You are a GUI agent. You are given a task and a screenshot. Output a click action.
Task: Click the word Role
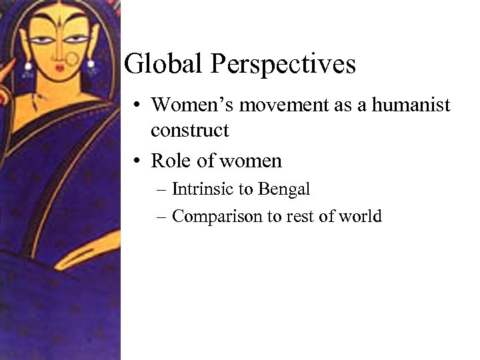tap(169, 161)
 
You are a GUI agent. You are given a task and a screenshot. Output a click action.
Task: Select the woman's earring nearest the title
tap(90, 67)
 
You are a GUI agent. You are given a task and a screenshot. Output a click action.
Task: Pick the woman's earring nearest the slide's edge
tap(29, 66)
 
